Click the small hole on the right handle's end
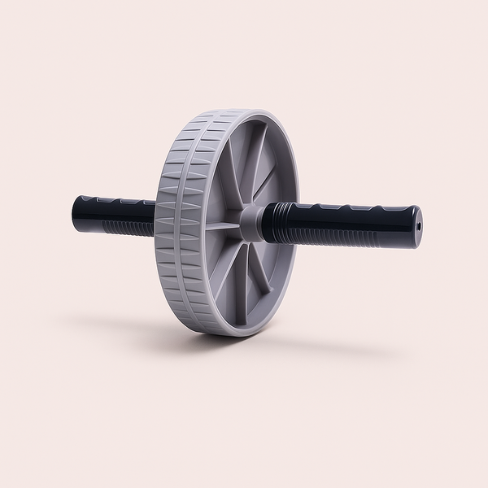click(416, 222)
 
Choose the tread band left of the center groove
click(172, 228)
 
